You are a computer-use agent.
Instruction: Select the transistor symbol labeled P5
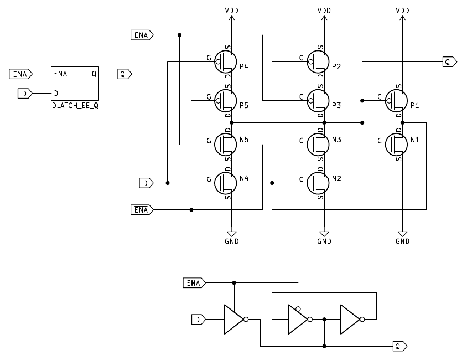coord(226,100)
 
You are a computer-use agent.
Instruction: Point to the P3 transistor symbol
coord(318,100)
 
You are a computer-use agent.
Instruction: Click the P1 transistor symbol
coord(397,100)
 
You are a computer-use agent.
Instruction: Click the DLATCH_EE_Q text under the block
coord(74,104)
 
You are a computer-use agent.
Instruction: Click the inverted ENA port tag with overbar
coord(141,210)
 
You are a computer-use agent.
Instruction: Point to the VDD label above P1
coord(403,11)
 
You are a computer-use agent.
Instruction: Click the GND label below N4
coord(232,241)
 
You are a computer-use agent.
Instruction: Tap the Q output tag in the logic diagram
coord(399,346)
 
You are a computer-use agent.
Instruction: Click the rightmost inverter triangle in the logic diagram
coord(351,319)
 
